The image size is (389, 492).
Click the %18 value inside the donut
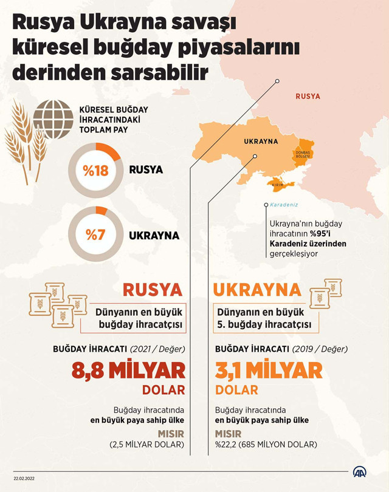point(95,171)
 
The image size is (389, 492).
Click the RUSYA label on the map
point(308,97)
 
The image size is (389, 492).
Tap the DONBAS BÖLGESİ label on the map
point(303,154)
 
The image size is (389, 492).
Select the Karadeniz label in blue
point(285,205)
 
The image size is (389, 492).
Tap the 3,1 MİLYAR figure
point(269,371)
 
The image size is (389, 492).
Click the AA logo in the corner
point(363,473)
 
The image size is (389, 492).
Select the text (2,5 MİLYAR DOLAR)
point(147,445)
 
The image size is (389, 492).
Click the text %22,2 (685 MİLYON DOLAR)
point(266,445)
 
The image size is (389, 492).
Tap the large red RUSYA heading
point(153,289)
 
